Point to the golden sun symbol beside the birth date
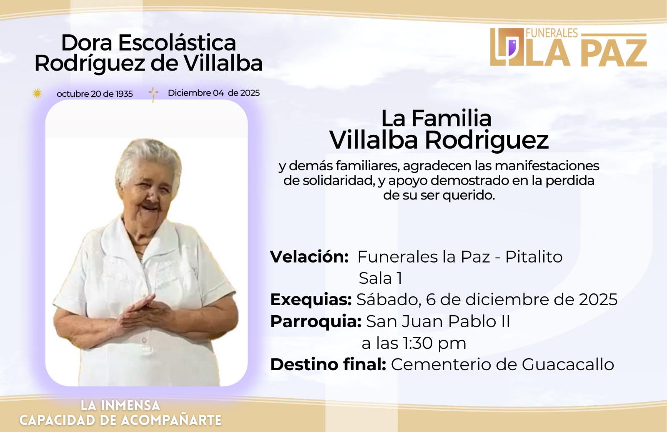point(37,93)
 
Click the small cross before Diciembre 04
point(153,94)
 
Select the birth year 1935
point(124,94)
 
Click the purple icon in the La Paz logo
point(512,48)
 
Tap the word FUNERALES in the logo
point(552,33)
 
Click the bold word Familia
point(451,119)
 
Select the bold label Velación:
point(309,256)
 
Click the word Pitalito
point(534,256)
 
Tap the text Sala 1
point(380,278)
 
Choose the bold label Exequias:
point(311,300)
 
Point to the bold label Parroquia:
point(316,321)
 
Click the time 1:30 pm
point(434,343)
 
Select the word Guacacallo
point(568,364)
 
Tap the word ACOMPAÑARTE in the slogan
point(171,420)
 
